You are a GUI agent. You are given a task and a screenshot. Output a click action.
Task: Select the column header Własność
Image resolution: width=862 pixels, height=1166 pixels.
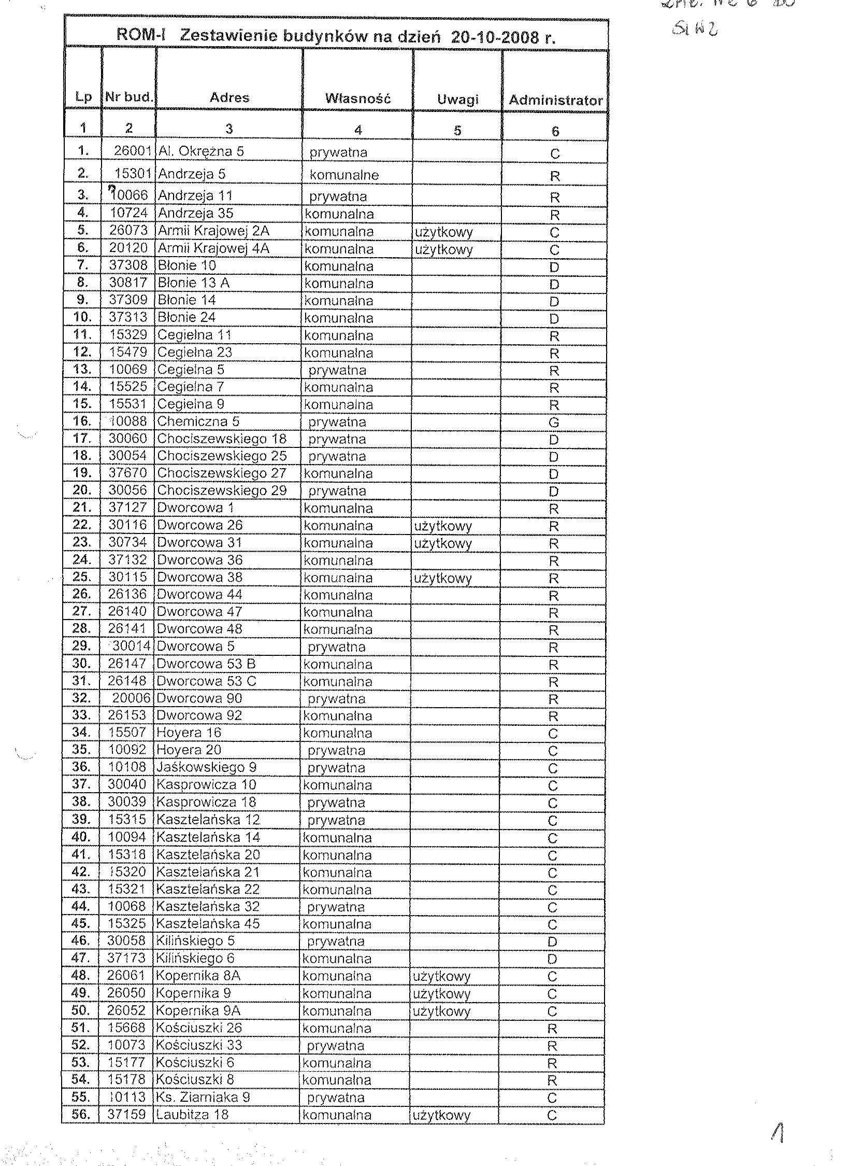357,98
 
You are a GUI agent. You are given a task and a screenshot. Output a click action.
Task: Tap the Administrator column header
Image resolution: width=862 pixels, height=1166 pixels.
555,100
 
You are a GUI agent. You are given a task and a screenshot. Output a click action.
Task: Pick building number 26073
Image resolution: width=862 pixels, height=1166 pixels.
128,231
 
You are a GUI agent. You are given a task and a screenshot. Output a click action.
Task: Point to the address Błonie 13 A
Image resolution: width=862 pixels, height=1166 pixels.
194,283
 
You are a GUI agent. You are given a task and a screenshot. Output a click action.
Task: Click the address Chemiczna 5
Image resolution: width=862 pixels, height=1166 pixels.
198,422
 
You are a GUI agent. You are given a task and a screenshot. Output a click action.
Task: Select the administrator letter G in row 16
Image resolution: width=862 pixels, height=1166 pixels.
554,423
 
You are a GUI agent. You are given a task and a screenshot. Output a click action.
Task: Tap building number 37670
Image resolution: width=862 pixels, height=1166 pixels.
128,473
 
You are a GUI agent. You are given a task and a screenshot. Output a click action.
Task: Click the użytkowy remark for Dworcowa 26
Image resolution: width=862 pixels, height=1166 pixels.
443,526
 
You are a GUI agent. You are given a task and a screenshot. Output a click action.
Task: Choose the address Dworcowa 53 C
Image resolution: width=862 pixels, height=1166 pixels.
199,681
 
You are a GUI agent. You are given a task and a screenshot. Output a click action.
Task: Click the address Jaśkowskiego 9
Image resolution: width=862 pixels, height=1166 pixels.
207,767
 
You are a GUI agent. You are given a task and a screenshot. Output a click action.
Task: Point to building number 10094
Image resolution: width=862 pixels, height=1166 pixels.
127,837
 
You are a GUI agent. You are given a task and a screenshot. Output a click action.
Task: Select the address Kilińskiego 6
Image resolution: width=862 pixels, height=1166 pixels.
196,958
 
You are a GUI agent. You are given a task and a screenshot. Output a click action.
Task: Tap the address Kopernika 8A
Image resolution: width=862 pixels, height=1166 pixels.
198,975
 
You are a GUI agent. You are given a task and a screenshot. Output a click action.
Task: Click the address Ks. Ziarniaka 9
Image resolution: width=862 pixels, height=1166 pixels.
203,1097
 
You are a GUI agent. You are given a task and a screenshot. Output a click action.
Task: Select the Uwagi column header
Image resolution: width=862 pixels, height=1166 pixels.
457,99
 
